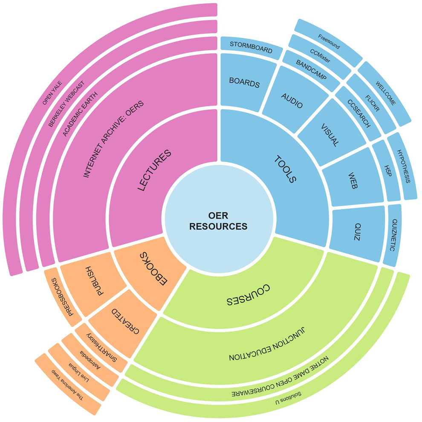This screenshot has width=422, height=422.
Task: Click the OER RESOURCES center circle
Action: point(218,221)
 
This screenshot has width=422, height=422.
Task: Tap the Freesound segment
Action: point(329,44)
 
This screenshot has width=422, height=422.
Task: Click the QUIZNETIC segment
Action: point(393,234)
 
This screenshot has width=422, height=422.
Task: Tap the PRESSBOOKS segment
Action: point(60,297)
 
